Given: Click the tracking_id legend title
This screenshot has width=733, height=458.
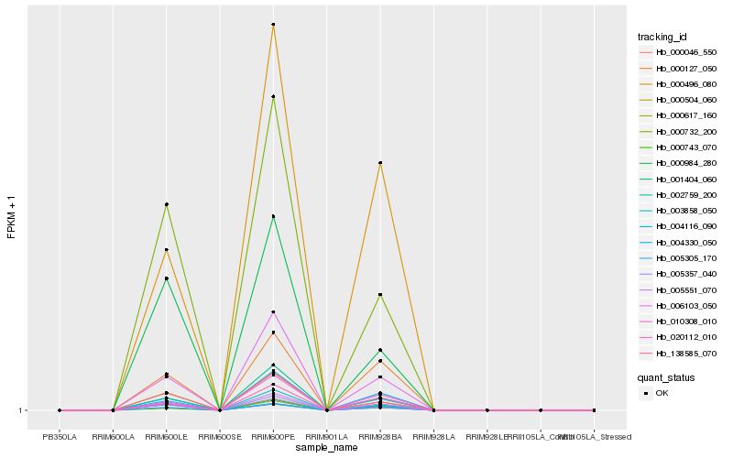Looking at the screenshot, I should tap(662, 37).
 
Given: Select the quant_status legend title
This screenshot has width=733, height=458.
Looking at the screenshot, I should tap(666, 376).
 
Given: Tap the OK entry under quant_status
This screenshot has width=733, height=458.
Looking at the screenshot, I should tap(661, 393).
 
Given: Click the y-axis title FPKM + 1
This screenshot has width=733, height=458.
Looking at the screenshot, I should tap(12, 219).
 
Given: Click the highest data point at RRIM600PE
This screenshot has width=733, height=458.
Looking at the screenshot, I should tap(273, 24).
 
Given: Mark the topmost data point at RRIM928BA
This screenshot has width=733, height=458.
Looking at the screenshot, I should tap(380, 163).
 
